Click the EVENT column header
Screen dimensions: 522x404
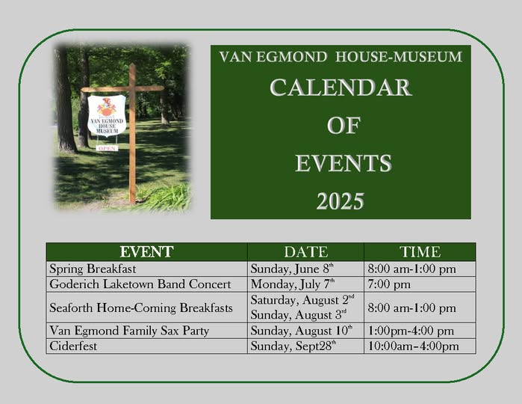pyautogui.click(x=146, y=252)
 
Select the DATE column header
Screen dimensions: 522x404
pyautogui.click(x=306, y=252)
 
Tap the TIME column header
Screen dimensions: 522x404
pyautogui.click(x=420, y=252)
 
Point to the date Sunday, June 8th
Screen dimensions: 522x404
pyautogui.click(x=292, y=269)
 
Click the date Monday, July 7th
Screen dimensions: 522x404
pyautogui.click(x=293, y=284)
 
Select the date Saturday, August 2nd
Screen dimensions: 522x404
pyautogui.click(x=302, y=300)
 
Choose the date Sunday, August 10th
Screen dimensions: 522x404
pyautogui.click(x=301, y=331)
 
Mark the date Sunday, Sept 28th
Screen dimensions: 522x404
pyautogui.click(x=293, y=346)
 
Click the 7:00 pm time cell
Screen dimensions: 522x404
pyautogui.click(x=389, y=284)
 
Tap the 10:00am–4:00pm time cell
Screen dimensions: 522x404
pyautogui.click(x=413, y=346)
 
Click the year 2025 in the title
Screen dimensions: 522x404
pyautogui.click(x=341, y=201)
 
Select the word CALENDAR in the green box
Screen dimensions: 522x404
pyautogui.click(x=341, y=88)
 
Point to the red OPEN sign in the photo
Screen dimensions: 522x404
pyautogui.click(x=108, y=148)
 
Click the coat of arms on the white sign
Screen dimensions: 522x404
pyautogui.click(x=107, y=107)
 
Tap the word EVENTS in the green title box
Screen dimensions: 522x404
pyautogui.click(x=344, y=163)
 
